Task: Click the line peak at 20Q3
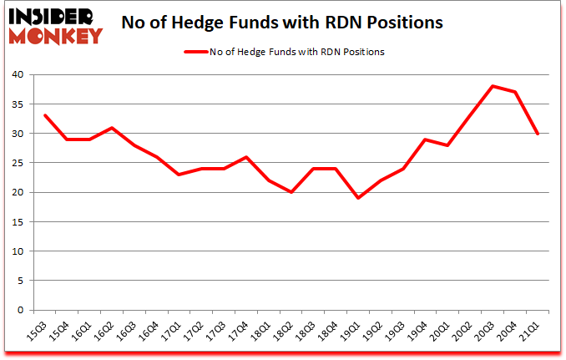[x=493, y=86]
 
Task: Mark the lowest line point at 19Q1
[x=358, y=198]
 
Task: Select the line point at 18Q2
[x=291, y=192]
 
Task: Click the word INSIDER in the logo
[x=55, y=16]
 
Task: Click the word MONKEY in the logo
[x=55, y=35]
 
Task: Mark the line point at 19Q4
[x=426, y=139]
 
